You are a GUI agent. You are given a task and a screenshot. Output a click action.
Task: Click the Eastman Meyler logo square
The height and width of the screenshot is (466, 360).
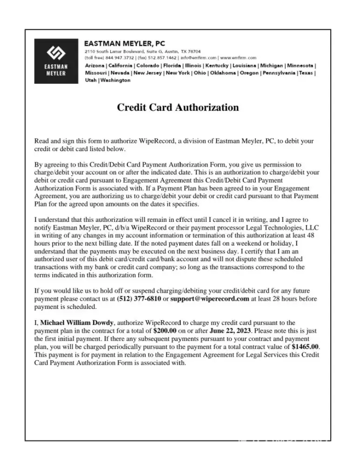[56, 61]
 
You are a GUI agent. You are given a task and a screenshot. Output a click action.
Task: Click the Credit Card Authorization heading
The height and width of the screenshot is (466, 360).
[177, 108]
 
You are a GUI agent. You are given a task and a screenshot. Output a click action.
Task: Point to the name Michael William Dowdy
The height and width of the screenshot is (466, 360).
[77, 322]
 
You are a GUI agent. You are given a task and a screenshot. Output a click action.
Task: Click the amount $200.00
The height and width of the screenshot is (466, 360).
[165, 330]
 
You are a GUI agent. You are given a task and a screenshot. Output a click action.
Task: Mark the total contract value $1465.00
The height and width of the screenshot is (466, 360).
[306, 347]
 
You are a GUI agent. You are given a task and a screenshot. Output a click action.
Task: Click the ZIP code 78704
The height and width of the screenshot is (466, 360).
[194, 51]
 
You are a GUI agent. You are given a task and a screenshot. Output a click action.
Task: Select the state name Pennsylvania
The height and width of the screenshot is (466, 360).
[276, 73]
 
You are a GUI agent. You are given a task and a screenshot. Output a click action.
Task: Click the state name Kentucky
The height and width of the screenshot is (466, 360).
[215, 66]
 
